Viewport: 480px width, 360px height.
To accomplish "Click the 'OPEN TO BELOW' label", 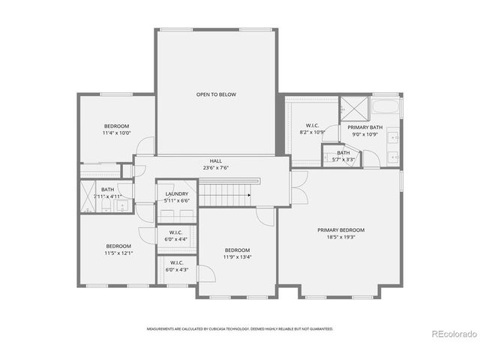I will [x=216, y=95].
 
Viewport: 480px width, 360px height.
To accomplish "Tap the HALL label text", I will [x=216, y=161].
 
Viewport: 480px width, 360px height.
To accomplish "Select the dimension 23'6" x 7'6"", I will [x=216, y=168].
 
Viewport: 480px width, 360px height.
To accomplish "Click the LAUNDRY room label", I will [x=177, y=194].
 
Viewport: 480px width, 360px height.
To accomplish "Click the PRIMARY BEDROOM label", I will [x=340, y=230].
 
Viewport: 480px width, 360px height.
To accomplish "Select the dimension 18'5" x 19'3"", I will [x=340, y=237].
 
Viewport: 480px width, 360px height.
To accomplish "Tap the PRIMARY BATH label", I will [x=364, y=127].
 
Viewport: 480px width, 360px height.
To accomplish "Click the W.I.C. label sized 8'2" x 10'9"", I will [x=313, y=125].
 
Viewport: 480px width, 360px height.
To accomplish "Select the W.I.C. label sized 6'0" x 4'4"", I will [x=177, y=232].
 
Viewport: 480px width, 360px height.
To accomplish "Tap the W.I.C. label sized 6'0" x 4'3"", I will [x=177, y=262].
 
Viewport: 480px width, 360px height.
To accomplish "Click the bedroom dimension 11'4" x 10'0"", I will [x=116, y=133].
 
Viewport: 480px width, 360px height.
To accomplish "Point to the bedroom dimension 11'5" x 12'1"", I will [x=118, y=253].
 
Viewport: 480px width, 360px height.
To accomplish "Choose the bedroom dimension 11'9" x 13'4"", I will [x=237, y=256].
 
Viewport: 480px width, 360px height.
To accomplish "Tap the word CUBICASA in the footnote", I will [x=226, y=328].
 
